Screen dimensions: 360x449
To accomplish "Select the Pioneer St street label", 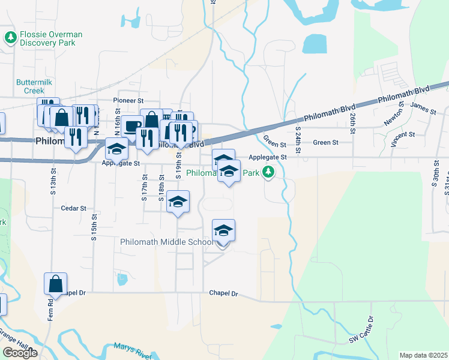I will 128,101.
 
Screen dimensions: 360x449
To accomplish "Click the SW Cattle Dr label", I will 362,331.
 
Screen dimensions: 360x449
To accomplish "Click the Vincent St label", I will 402,139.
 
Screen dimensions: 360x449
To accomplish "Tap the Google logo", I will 20,353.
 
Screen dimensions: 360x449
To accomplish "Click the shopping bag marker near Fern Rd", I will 56,284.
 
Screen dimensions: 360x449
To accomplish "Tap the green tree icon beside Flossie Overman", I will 10,38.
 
